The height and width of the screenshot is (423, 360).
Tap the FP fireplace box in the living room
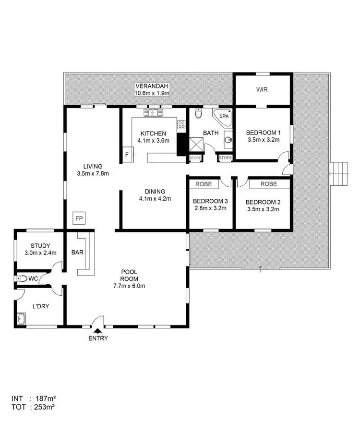click(79, 218)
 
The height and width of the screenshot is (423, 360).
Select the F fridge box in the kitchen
click(127, 154)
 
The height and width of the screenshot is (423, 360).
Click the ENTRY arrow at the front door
click(98, 330)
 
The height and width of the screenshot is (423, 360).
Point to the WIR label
click(262, 89)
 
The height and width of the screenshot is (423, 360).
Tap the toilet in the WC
click(22, 278)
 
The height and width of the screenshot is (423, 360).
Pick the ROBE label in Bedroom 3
click(203, 184)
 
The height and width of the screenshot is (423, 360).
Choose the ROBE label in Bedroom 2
click(269, 184)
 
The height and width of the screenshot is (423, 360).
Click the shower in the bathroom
click(195, 145)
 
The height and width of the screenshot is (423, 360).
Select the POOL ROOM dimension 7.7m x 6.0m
click(130, 286)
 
